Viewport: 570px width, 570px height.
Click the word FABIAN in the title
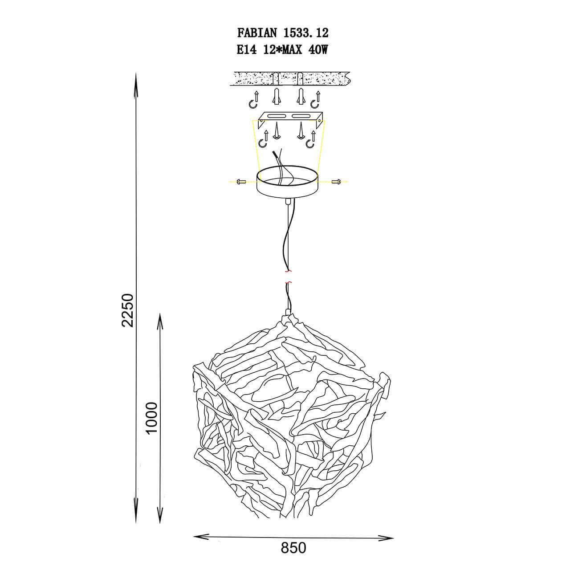257,33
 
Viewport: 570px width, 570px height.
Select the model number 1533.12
306,33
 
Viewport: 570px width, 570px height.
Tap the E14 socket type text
247,50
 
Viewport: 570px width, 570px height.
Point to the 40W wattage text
318,50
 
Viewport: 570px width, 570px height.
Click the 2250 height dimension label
128,310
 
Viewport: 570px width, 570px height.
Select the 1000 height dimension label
152,418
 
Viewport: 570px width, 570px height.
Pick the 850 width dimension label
293,548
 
